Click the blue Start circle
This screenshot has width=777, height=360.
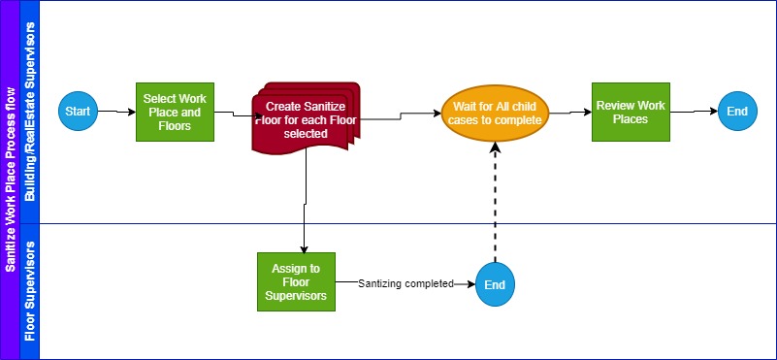pyautogui.click(x=78, y=112)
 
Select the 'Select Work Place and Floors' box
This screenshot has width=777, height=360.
pyautogui.click(x=174, y=112)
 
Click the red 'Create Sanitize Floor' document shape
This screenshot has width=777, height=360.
pyautogui.click(x=305, y=118)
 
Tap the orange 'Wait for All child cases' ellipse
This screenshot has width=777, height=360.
pyautogui.click(x=496, y=112)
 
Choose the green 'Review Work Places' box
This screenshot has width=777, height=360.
pyautogui.click(x=631, y=112)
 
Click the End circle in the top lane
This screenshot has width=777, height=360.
pyautogui.click(x=737, y=112)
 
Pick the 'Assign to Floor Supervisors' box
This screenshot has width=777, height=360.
pyautogui.click(x=296, y=281)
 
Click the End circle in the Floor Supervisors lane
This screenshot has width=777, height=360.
pyautogui.click(x=496, y=285)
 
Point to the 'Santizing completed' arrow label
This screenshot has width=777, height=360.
pyautogui.click(x=405, y=284)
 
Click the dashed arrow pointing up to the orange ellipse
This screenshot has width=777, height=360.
pyautogui.click(x=496, y=204)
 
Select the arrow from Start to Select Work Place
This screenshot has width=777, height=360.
pyautogui.click(x=116, y=112)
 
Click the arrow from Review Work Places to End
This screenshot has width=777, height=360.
pyautogui.click(x=694, y=112)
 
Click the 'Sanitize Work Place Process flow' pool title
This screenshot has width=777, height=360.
pyautogui.click(x=10, y=180)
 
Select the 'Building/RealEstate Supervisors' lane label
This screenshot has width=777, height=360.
pyautogui.click(x=29, y=112)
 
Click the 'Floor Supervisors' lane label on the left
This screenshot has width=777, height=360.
pyautogui.click(x=29, y=291)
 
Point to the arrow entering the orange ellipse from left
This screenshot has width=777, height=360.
pyautogui.click(x=417, y=115)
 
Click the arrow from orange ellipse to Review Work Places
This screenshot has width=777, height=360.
pyautogui.click(x=571, y=112)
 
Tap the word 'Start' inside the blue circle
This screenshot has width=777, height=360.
pyautogui.click(x=78, y=112)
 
